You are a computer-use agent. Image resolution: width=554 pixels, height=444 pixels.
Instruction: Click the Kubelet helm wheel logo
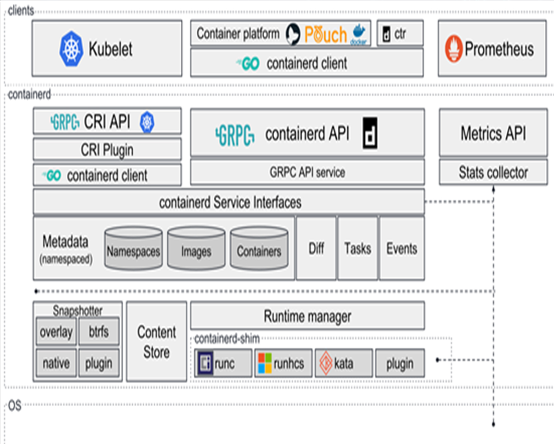pos(71,49)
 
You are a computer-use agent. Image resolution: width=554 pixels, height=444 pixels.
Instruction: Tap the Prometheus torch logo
pos(454,49)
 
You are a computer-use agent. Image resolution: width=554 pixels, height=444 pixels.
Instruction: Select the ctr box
pos(400,33)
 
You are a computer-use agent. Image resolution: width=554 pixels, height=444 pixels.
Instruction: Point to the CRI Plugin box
pos(107,149)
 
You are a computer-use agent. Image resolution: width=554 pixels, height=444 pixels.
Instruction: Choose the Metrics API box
pos(493,133)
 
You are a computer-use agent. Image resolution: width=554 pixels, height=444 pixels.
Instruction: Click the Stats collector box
pos(493,172)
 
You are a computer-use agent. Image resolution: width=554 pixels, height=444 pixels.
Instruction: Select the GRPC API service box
pos(308,172)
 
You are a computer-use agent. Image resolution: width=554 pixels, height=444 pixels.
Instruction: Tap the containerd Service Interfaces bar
pos(229,202)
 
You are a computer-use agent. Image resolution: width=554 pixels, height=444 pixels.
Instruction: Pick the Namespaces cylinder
pos(133,248)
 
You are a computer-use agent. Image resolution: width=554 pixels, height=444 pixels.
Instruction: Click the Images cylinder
pos(196,248)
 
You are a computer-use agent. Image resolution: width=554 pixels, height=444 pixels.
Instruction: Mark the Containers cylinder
pos(259,248)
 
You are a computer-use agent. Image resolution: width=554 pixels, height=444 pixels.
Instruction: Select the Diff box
pos(316,248)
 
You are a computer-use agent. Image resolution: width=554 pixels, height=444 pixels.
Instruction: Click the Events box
pos(402,248)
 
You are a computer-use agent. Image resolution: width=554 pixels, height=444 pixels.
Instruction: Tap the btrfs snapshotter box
pos(99,331)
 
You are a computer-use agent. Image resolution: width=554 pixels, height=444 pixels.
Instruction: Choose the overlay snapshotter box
pos(56,331)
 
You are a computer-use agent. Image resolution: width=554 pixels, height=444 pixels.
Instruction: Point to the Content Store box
pos(157,341)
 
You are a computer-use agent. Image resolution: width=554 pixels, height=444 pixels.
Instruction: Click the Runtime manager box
pos(308,316)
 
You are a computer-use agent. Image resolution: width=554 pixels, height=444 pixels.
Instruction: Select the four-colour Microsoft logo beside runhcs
pos(265,363)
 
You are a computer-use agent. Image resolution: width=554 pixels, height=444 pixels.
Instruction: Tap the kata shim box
pos(344,363)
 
